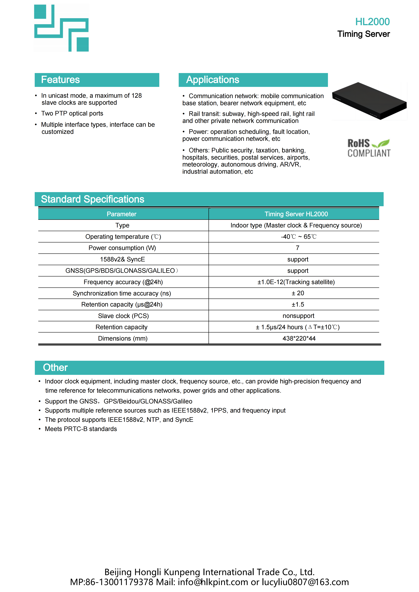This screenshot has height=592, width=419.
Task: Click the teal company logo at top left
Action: tap(61, 28)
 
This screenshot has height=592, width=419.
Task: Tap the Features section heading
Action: tap(60, 80)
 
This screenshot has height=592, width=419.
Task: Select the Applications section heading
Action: tap(213, 80)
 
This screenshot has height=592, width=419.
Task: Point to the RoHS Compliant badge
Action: tap(369, 148)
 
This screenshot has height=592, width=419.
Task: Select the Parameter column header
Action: tap(122, 214)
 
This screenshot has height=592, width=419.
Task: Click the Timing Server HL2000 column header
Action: tap(296, 214)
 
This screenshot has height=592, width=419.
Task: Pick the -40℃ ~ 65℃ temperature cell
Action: tap(299, 237)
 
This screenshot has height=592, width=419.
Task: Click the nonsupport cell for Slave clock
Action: tap(298, 316)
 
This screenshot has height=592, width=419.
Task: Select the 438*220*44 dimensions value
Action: tap(299, 339)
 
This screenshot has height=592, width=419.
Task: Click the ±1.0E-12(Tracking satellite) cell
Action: tap(296, 282)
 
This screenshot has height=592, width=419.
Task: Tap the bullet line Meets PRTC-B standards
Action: tap(81, 429)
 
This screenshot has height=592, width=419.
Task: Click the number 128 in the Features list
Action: tap(136, 96)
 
